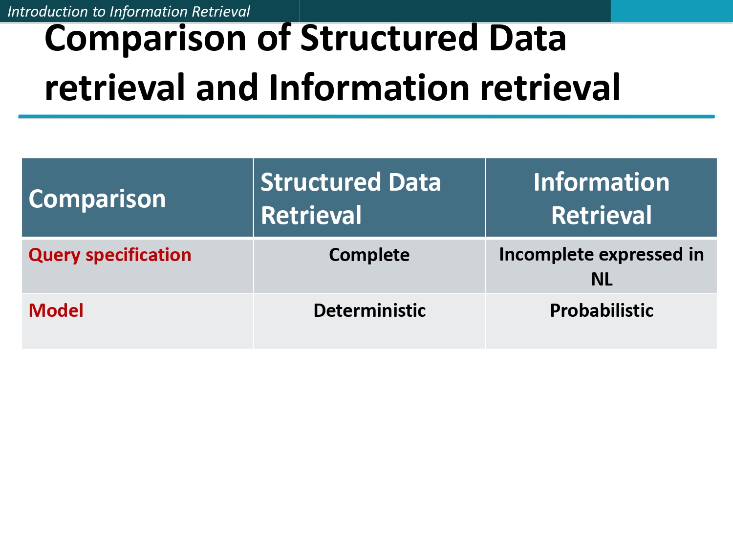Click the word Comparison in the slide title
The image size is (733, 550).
[146, 39]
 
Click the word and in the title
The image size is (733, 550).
[226, 88]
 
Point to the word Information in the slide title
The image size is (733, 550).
[369, 88]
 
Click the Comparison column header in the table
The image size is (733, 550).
[97, 199]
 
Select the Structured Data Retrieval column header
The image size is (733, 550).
[350, 198]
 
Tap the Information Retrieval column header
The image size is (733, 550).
[601, 198]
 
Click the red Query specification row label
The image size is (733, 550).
[110, 255]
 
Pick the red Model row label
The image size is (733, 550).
[56, 311]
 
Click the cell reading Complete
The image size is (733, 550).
[369, 255]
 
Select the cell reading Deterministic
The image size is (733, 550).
[369, 311]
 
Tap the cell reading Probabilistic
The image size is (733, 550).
[602, 311]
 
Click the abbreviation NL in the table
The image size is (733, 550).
[602, 280]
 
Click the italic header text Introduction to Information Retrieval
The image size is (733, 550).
[129, 11]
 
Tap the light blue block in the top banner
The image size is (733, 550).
[671, 11]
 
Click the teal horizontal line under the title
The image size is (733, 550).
[366, 116]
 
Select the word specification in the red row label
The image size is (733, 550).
[138, 255]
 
